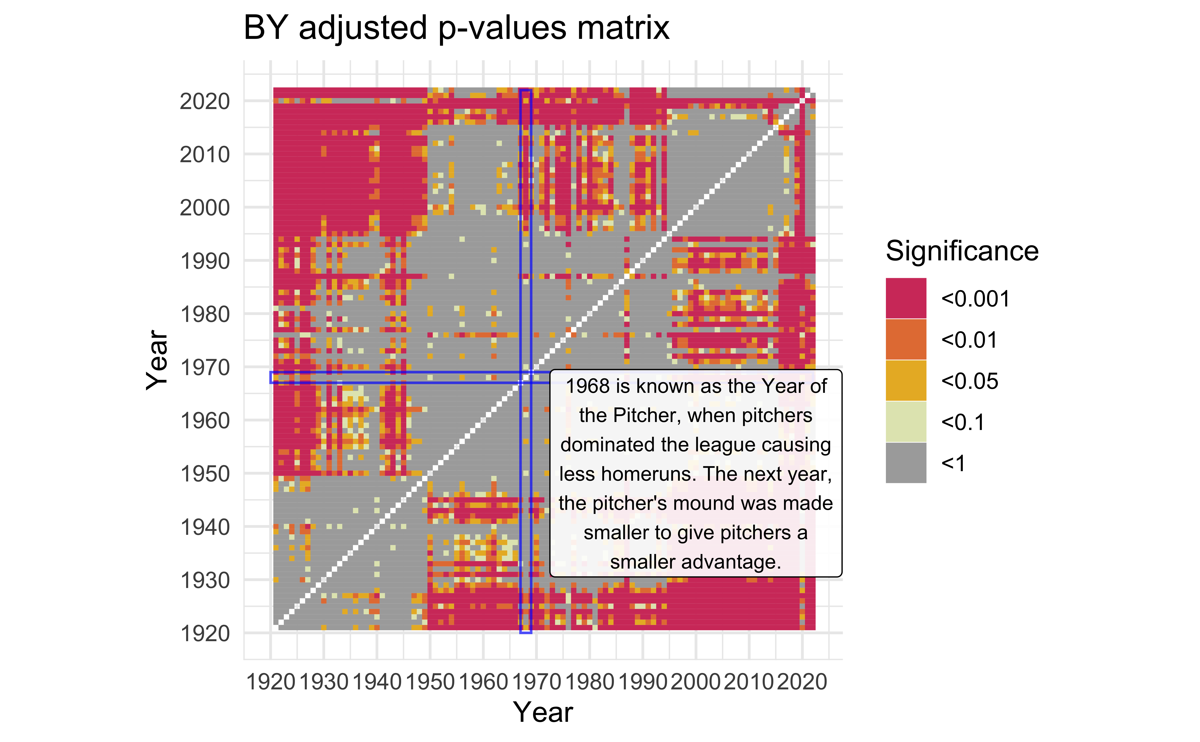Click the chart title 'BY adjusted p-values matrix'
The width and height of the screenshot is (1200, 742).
(x=456, y=28)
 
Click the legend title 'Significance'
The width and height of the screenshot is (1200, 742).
(x=962, y=251)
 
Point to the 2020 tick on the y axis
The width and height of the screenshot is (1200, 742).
(x=205, y=102)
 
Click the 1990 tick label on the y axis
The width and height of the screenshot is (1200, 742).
(x=205, y=261)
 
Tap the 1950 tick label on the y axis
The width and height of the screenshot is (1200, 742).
(x=205, y=474)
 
